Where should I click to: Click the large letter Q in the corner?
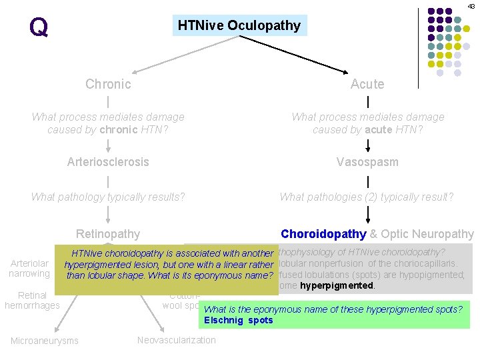(x=39, y=27)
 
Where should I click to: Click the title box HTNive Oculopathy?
(x=239, y=25)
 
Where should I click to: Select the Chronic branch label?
(x=108, y=84)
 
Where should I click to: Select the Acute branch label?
(x=367, y=84)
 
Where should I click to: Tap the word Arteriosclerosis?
(x=108, y=162)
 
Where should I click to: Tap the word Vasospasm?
(x=367, y=162)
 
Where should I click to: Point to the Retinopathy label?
(x=108, y=233)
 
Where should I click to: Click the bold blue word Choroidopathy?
(x=323, y=234)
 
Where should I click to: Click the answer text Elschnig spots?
(x=238, y=320)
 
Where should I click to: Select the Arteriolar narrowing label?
(x=29, y=269)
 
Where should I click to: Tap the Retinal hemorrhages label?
(x=32, y=300)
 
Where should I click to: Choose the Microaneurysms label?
(x=45, y=341)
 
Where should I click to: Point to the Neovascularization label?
(x=177, y=340)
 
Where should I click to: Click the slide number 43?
(x=471, y=6)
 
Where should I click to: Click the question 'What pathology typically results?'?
(x=108, y=197)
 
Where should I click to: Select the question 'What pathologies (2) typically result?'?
(x=367, y=197)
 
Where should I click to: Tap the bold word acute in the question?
(x=378, y=129)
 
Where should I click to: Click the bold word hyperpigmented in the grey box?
(x=337, y=285)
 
